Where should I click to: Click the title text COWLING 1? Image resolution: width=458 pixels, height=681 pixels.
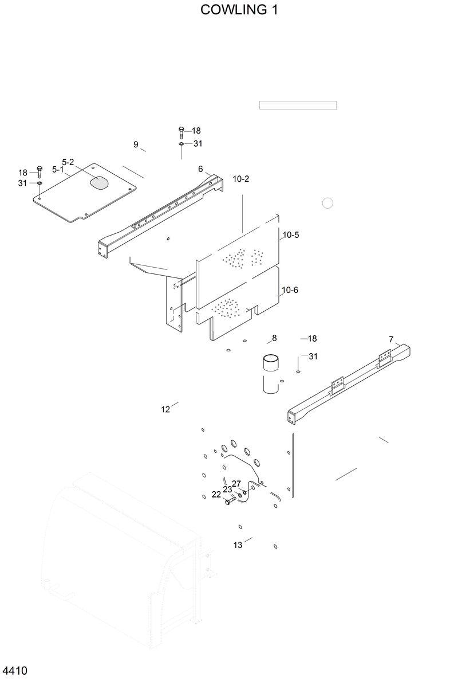[239, 10]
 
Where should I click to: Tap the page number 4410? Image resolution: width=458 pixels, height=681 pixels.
[15, 671]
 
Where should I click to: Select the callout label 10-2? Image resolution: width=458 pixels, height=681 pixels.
[241, 179]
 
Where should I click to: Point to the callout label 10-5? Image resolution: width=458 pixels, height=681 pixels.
[290, 235]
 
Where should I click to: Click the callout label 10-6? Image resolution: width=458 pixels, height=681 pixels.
[290, 290]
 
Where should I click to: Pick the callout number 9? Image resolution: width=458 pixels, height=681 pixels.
[136, 144]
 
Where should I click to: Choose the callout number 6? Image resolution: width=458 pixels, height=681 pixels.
[200, 169]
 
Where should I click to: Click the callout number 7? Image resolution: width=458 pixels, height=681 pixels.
[391, 339]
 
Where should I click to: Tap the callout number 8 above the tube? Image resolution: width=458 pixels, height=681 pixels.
[274, 338]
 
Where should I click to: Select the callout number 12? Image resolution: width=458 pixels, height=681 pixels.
[165, 409]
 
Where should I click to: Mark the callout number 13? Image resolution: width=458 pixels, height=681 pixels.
[238, 545]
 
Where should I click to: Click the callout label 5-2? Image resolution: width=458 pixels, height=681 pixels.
[68, 162]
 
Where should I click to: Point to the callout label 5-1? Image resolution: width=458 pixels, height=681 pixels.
[58, 170]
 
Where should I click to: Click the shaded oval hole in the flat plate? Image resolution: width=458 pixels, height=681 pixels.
[98, 182]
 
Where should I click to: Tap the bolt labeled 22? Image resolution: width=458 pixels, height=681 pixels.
[229, 502]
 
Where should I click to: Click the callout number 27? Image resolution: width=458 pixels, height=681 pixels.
[236, 483]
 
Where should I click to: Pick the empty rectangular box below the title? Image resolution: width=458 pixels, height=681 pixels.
[298, 105]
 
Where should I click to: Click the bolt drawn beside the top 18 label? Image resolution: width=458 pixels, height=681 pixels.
[181, 132]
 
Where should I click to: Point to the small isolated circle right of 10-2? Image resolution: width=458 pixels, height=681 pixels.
[327, 203]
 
